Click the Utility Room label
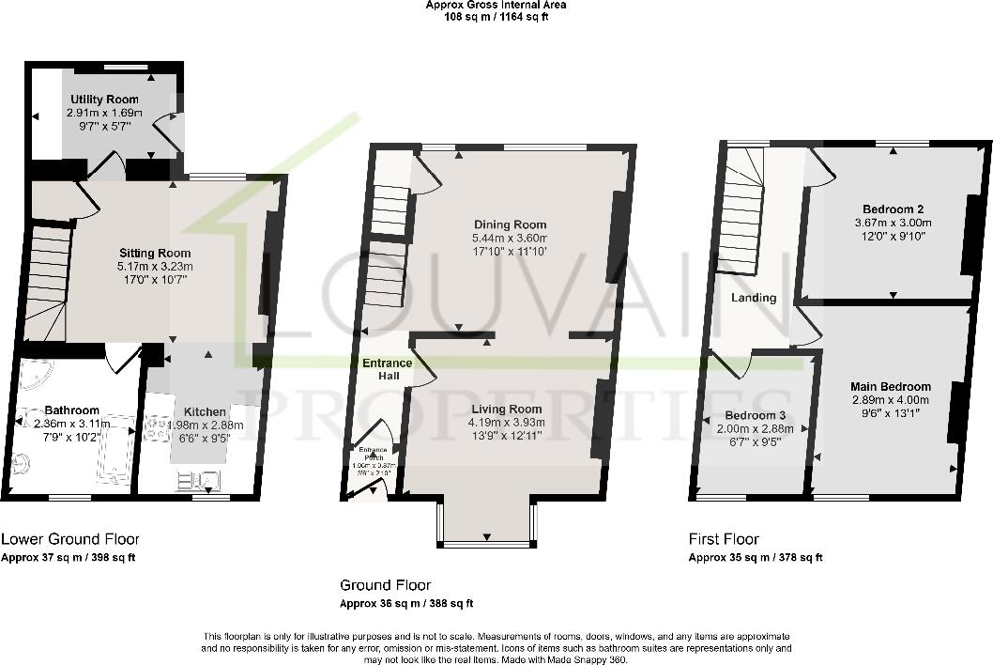104,100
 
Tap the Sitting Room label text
155,253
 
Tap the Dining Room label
510,224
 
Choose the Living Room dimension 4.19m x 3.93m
507,422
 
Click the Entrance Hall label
387,369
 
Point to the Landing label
755,298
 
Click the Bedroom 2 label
889,209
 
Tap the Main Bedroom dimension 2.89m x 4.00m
890,400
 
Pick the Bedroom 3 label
755,415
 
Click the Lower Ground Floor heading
70,539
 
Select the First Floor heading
724,539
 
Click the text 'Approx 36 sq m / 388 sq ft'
406,604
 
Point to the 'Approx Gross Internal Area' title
496,5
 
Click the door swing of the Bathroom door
120,360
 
